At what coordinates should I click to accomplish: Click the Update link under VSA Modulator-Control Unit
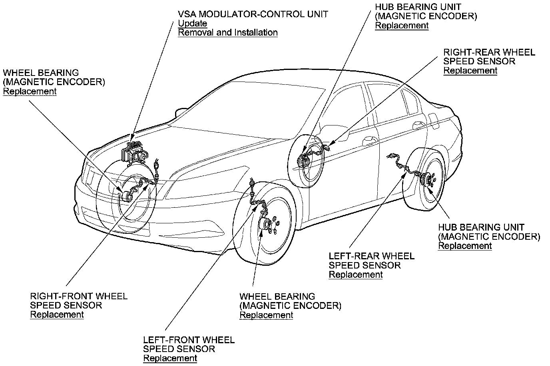pyautogui.click(x=192, y=23)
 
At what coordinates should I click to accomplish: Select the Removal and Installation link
pyautogui.click(x=227, y=32)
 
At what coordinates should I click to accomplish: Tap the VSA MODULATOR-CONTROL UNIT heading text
pyautogui.click(x=253, y=14)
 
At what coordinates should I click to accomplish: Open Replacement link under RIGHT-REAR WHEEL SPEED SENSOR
pyautogui.click(x=470, y=71)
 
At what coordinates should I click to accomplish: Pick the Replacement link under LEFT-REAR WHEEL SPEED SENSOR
pyautogui.click(x=355, y=274)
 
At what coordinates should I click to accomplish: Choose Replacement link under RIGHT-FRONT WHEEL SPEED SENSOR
pyautogui.click(x=57, y=314)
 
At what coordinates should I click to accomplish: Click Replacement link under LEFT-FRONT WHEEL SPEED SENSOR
pyautogui.click(x=170, y=358)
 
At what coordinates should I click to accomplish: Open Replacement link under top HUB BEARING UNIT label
pyautogui.click(x=401, y=26)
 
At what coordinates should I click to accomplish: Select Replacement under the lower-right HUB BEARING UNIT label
pyautogui.click(x=464, y=246)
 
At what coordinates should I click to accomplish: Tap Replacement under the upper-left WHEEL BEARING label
pyautogui.click(x=30, y=91)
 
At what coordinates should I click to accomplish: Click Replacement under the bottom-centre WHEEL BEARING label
pyautogui.click(x=266, y=315)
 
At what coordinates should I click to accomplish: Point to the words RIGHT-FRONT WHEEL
pyautogui.click(x=79, y=296)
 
